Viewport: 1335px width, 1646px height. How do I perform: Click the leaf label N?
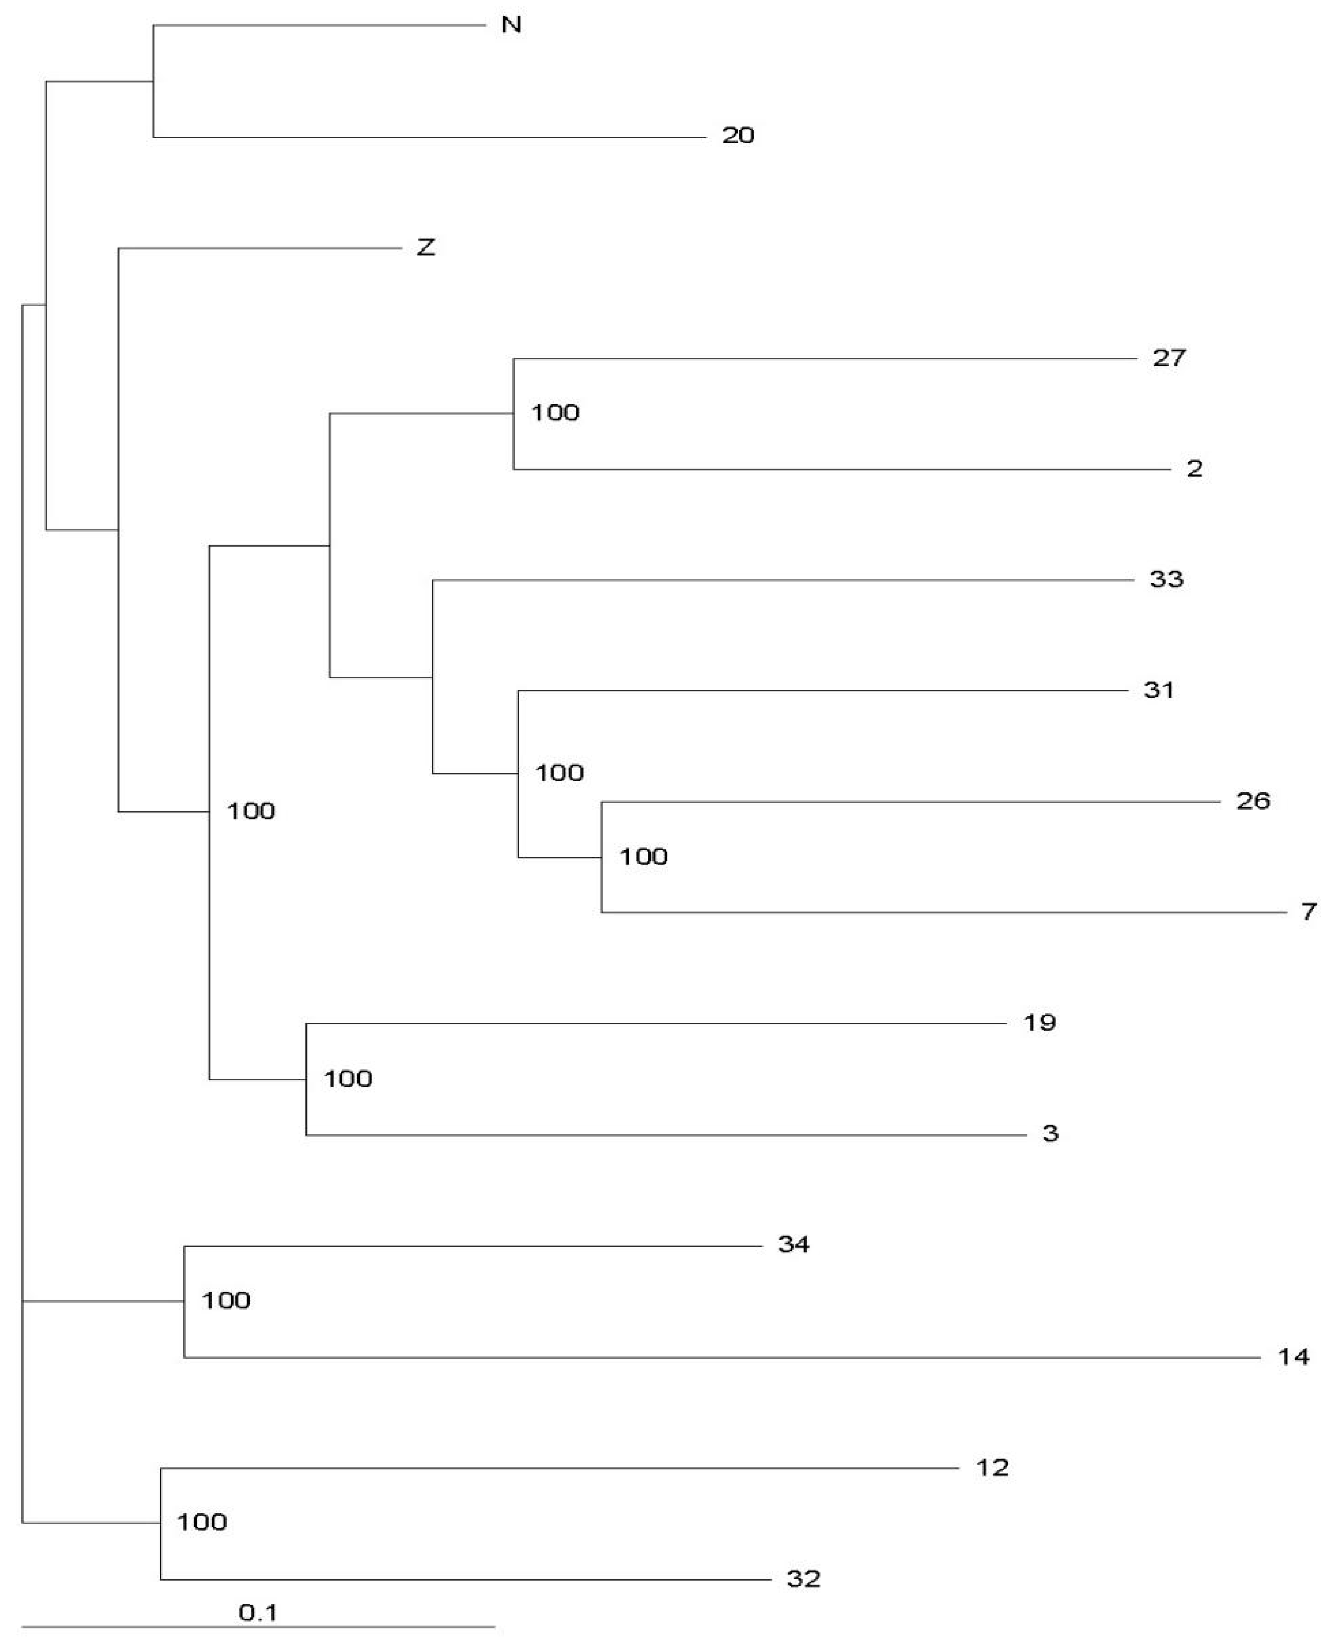pos(512,25)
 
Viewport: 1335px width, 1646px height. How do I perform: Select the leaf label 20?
pos(737,136)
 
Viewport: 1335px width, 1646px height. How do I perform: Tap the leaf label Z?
pos(426,247)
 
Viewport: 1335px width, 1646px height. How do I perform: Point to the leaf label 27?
pos(1169,358)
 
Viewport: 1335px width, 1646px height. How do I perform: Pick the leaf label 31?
pos(1159,690)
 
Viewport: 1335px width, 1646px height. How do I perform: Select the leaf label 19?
pos(1040,1023)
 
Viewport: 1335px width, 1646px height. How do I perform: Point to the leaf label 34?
pos(794,1244)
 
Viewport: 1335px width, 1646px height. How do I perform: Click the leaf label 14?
pos(1294,1356)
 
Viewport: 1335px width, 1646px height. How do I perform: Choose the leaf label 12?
pos(992,1468)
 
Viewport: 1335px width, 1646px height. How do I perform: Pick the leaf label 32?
pos(803,1579)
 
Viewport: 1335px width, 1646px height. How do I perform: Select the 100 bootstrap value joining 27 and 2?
pos(555,413)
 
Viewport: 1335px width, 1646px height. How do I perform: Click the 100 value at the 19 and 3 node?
pos(348,1079)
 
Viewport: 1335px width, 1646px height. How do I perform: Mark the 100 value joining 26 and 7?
pos(643,857)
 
